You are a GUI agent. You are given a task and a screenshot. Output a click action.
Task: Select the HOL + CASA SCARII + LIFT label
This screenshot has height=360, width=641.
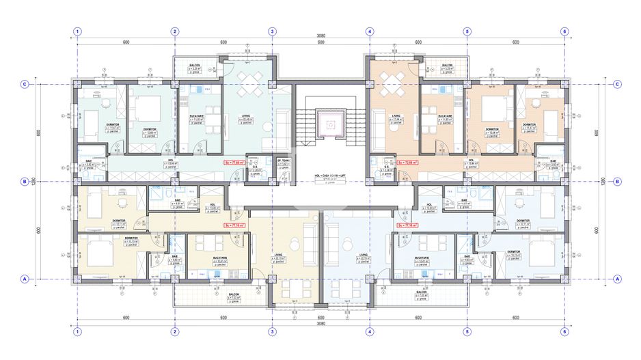[321, 176]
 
